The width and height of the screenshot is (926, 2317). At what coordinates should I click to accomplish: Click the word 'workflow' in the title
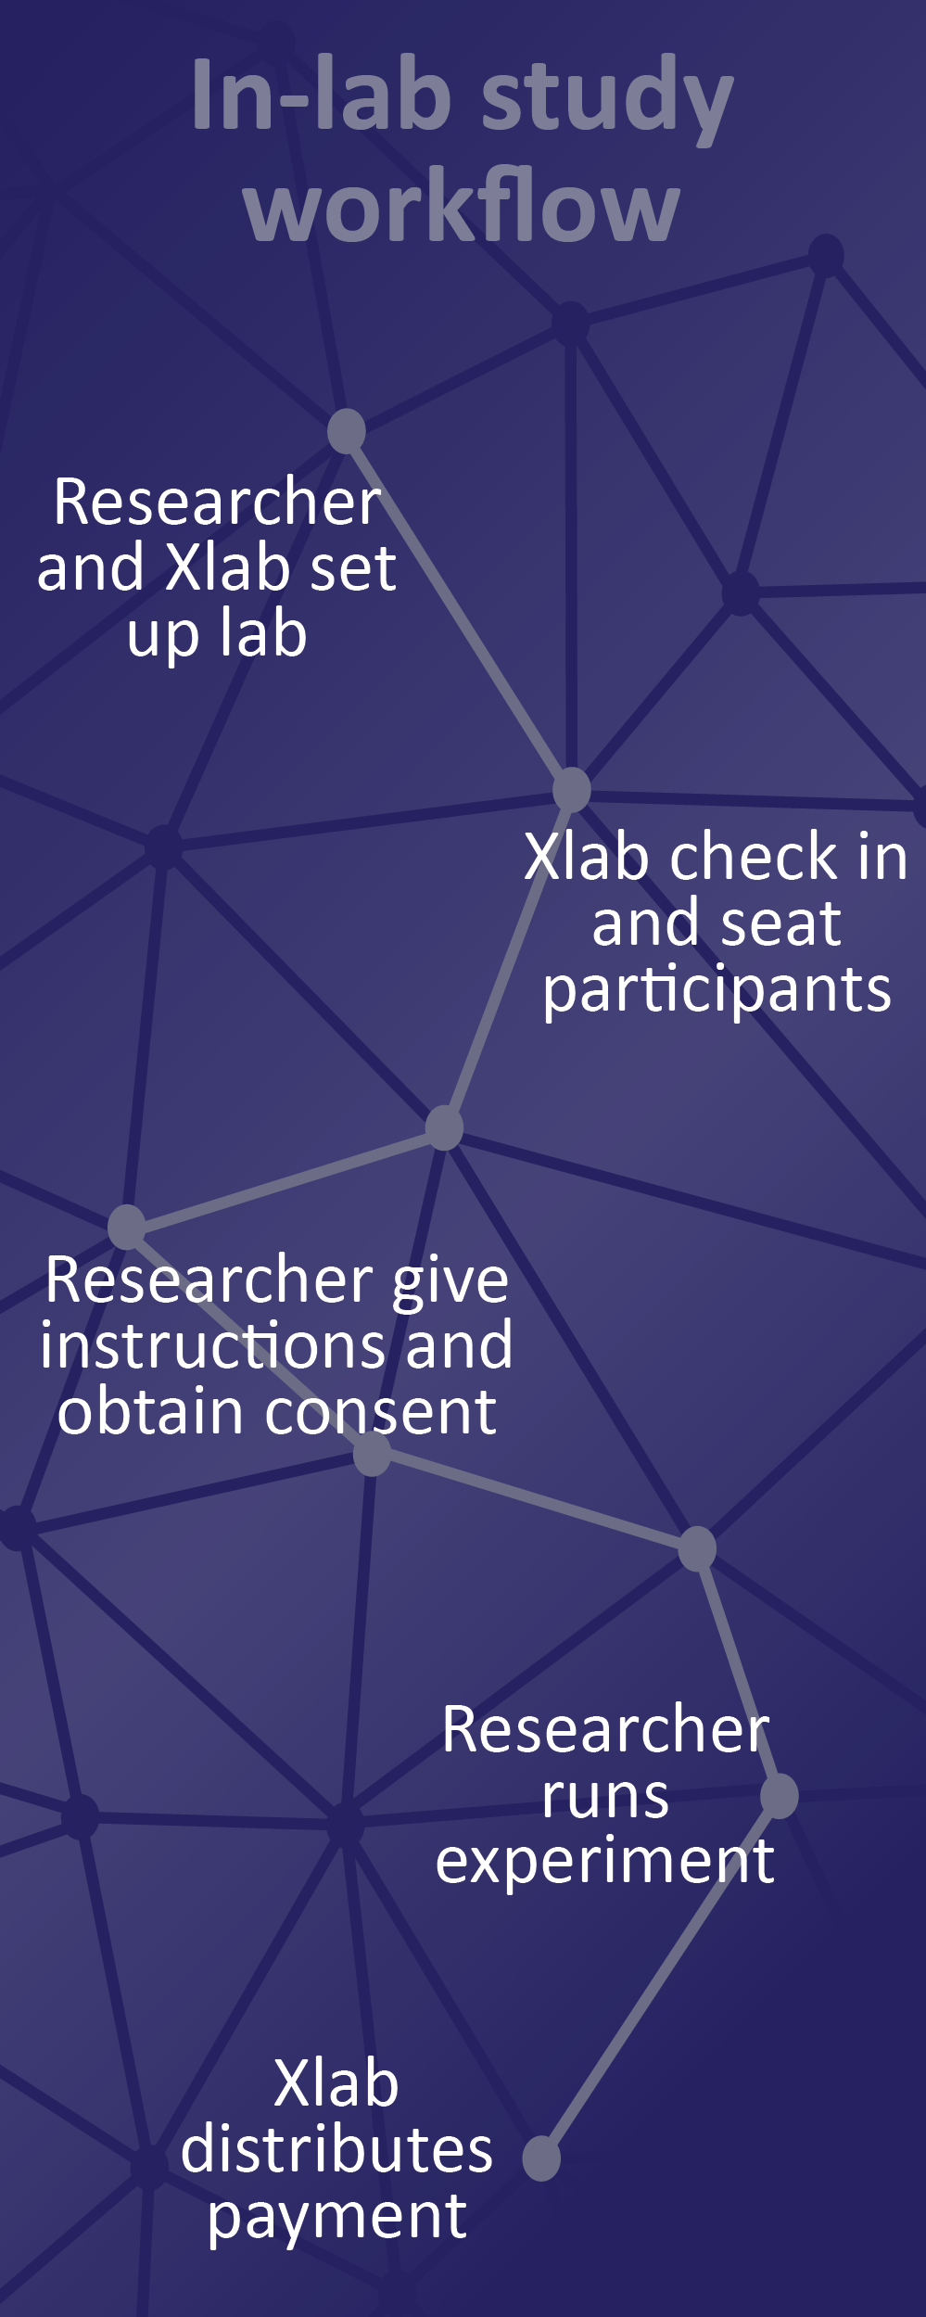462,205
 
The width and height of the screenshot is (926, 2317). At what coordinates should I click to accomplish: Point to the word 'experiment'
605,1862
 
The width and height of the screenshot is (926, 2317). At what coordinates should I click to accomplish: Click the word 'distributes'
336,2149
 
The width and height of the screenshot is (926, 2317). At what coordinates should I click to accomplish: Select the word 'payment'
336,2217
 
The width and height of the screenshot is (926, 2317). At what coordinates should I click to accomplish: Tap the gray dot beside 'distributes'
541,2158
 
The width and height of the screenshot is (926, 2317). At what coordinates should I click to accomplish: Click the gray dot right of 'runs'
780,1796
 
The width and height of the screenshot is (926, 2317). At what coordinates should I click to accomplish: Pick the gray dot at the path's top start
347,431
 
